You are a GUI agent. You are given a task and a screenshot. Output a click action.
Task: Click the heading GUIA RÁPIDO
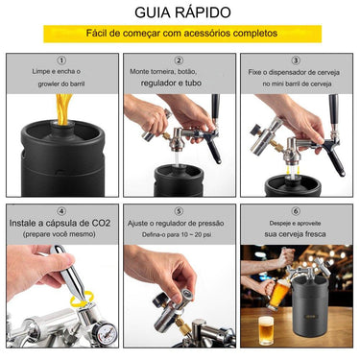point(180,14)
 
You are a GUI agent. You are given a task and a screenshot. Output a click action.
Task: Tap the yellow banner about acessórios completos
point(180,36)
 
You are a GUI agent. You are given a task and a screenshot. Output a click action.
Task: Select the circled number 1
point(61,60)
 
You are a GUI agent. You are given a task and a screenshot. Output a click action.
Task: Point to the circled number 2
point(180,60)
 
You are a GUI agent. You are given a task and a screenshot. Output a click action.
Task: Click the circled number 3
point(296,60)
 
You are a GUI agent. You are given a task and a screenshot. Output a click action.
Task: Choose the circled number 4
point(61,209)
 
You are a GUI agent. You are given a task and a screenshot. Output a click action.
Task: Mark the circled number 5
point(180,209)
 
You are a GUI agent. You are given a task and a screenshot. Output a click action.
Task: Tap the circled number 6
point(296,209)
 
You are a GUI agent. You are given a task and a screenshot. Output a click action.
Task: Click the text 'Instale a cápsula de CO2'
point(62,223)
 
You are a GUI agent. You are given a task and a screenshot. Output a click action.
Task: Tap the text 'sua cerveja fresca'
point(296,234)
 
